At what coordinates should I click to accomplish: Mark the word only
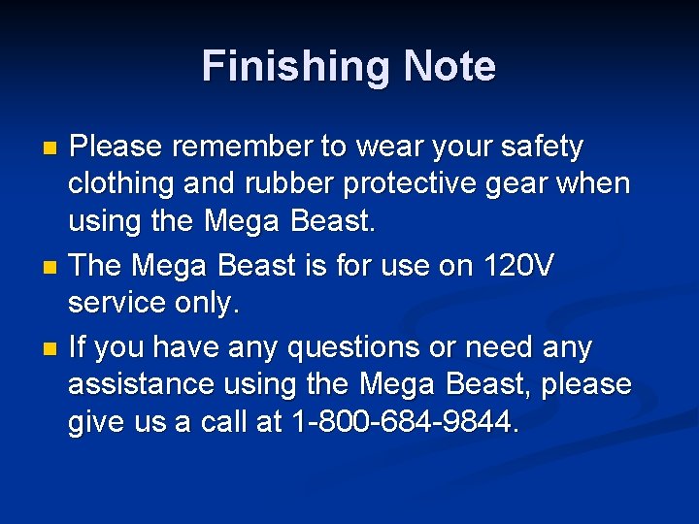click(x=208, y=303)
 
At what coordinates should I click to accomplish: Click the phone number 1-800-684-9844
click(x=405, y=423)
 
